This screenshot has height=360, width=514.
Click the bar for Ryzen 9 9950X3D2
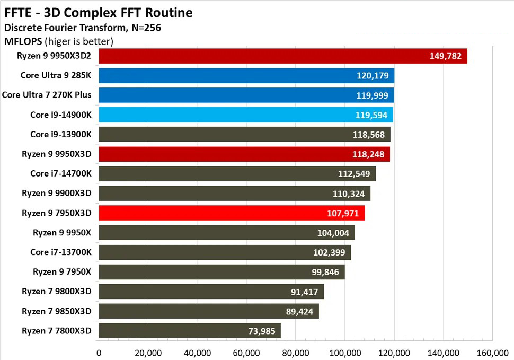pos(282,56)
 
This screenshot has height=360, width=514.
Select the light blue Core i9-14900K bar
pos(246,115)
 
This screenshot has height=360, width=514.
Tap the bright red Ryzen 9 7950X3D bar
pos(232,213)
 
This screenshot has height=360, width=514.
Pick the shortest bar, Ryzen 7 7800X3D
pos(190,331)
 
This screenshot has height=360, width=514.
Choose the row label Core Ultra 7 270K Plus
pos(47,95)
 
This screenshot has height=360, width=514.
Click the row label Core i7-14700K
pos(61,174)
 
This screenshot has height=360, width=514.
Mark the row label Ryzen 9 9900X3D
pos(57,194)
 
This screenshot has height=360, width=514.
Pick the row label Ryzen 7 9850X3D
pos(57,311)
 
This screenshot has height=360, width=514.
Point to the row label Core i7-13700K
pos(61,252)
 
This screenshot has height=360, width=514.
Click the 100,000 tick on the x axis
pos(345,352)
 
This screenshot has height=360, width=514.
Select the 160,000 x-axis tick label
pos(492,352)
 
